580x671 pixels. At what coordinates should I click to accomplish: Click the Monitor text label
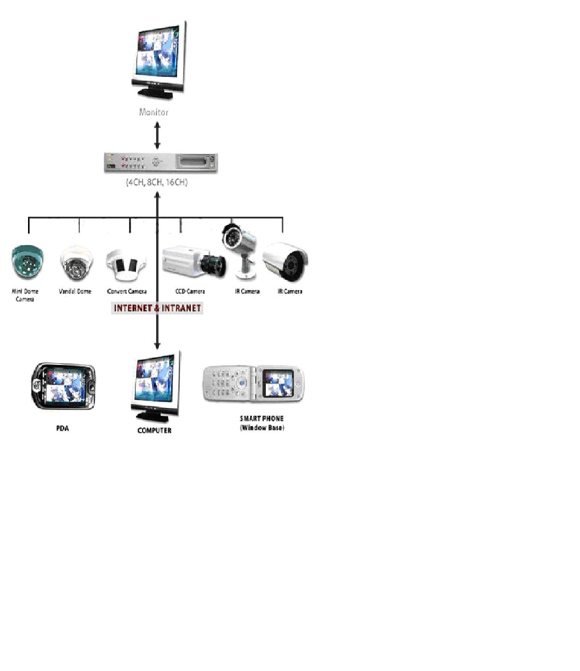click(154, 112)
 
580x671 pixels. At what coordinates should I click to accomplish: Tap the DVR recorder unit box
click(161, 163)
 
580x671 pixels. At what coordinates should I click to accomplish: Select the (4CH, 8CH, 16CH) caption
click(157, 182)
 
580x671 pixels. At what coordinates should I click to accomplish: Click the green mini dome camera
click(27, 262)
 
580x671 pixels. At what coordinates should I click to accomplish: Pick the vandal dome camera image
click(76, 263)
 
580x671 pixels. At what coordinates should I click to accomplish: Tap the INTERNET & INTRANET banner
click(157, 308)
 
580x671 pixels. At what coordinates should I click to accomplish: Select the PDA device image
click(63, 387)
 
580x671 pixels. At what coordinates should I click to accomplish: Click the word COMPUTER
click(154, 430)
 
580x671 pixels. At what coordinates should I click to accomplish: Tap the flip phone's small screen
click(277, 383)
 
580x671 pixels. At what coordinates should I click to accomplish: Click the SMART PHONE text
click(261, 419)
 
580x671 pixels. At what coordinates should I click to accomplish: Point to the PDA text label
click(62, 428)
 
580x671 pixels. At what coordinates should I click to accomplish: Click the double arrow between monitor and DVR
click(157, 135)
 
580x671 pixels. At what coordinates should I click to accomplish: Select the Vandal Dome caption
click(75, 292)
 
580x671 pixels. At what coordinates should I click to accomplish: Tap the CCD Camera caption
click(190, 292)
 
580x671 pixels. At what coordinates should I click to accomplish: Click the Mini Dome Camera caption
click(25, 295)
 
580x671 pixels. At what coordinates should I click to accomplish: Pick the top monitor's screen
click(158, 52)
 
